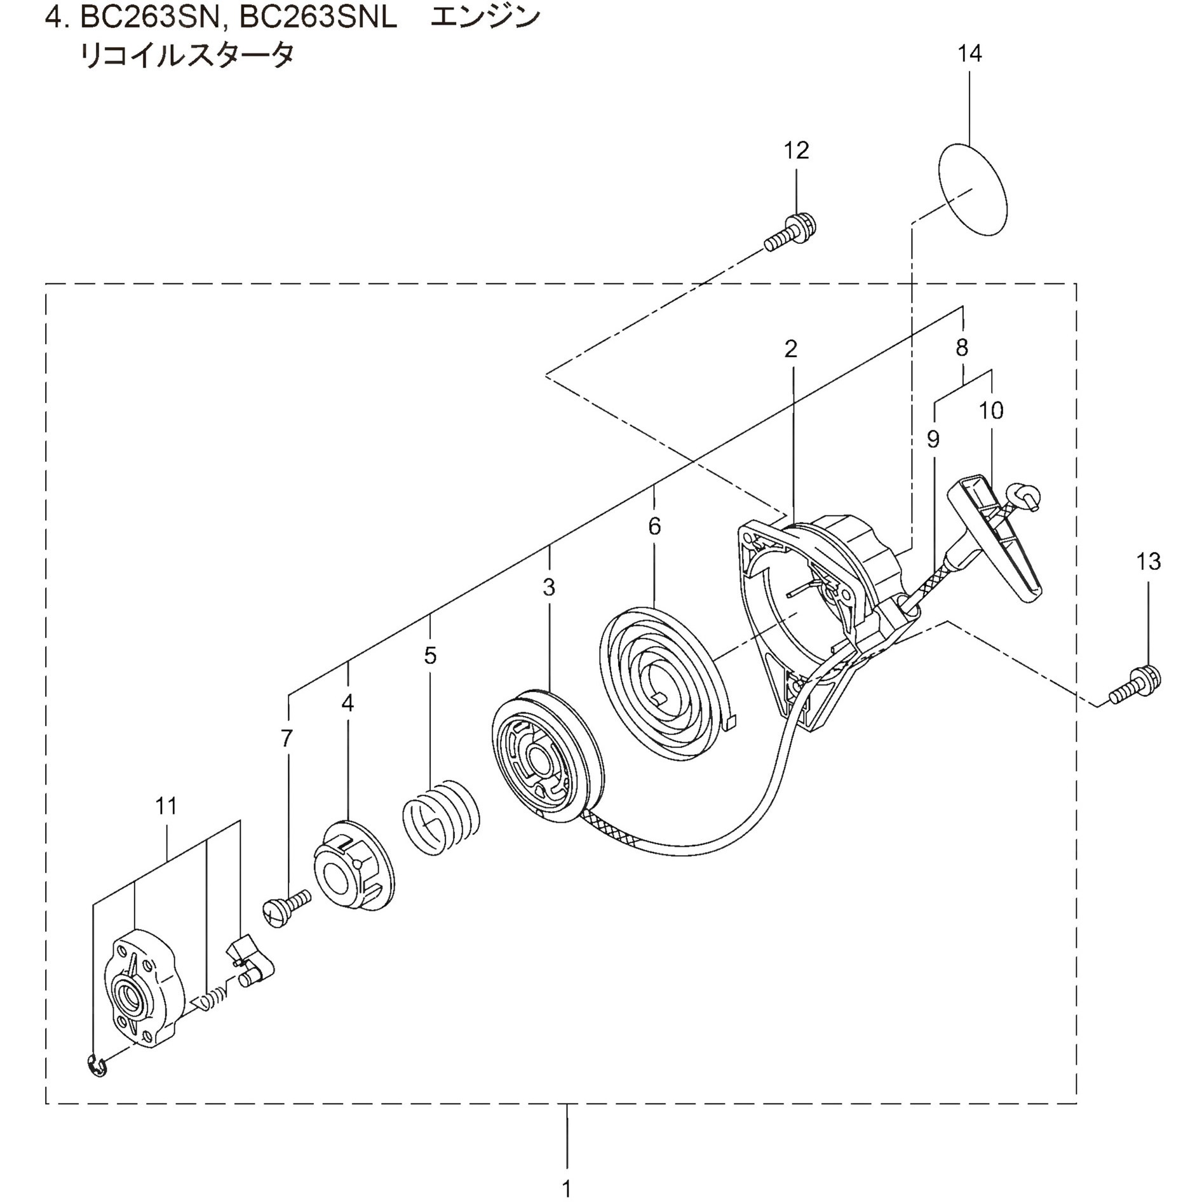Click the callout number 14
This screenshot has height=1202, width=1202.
969,54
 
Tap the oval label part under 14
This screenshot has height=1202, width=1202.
973,189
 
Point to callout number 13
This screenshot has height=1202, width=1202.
1148,561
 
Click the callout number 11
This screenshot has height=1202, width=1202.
166,806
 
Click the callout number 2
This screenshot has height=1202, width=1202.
790,349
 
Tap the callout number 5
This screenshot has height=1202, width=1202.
430,655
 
